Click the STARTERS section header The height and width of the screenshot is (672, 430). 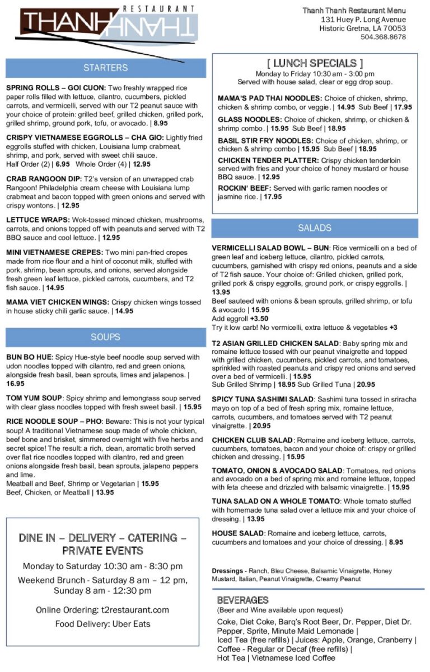[x=105, y=68]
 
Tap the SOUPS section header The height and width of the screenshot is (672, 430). [x=105, y=337]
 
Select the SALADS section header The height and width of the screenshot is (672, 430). [x=315, y=228]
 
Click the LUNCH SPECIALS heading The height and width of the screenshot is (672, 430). [x=315, y=63]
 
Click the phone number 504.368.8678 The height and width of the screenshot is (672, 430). [x=383, y=37]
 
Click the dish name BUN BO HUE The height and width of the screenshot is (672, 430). [x=29, y=357]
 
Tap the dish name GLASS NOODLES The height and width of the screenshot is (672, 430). [x=249, y=120]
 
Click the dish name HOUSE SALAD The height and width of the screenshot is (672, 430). [x=237, y=533]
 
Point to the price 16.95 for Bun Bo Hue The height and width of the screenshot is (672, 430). [x=15, y=384]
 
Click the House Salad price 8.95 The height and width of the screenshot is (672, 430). [x=395, y=542]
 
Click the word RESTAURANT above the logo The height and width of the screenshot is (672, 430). [x=158, y=8]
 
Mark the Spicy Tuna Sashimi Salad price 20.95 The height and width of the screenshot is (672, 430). [x=257, y=426]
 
